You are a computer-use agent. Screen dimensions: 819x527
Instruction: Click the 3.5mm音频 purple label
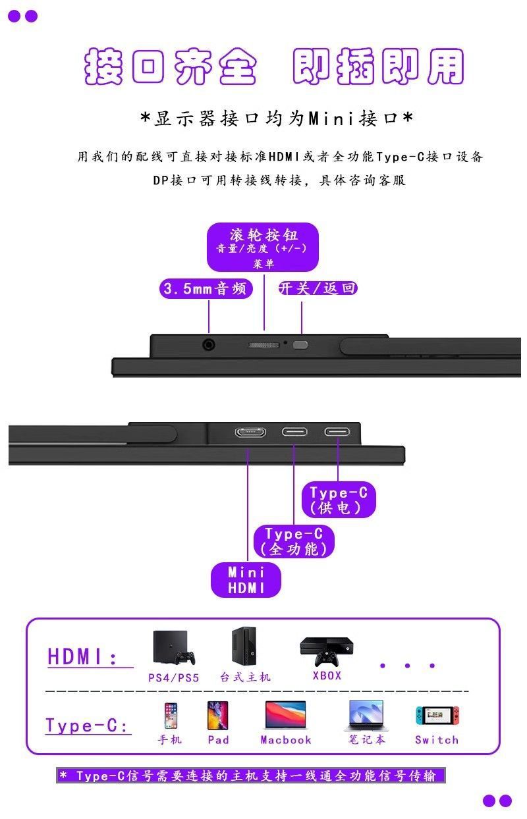click(206, 288)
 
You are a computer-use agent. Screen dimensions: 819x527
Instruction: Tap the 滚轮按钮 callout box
click(263, 247)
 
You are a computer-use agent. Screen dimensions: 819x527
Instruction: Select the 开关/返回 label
click(318, 288)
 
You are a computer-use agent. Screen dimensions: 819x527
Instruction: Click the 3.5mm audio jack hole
click(209, 344)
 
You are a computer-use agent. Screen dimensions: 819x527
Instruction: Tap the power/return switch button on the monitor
click(301, 344)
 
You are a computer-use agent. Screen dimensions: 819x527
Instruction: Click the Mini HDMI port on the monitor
click(250, 433)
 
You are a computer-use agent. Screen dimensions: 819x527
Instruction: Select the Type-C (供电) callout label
click(339, 500)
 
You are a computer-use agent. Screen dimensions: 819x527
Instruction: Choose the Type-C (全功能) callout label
click(294, 541)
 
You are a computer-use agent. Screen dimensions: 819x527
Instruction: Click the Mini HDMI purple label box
click(246, 580)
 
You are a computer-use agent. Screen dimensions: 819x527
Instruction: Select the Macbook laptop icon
click(285, 715)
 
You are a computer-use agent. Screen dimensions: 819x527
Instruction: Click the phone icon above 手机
click(171, 716)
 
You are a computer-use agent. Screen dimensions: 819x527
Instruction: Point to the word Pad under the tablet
click(218, 740)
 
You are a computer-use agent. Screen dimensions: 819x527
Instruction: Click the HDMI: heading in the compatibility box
click(83, 656)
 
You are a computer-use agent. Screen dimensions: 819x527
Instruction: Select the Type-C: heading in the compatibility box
click(86, 726)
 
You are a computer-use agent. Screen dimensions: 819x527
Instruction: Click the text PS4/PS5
click(173, 677)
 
